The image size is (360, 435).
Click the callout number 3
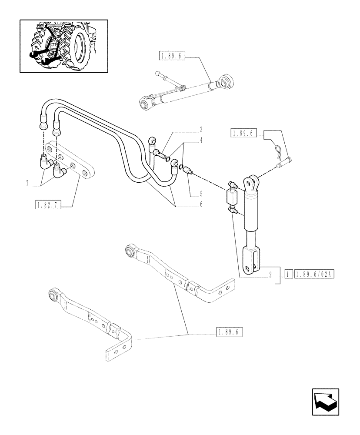pyautogui.click(x=201, y=130)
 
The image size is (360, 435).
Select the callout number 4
pyautogui.click(x=201, y=140)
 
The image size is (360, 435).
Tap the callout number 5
pyautogui.click(x=201, y=194)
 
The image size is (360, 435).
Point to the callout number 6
pyautogui.click(x=201, y=204)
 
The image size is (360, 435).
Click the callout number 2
pyautogui.click(x=270, y=274)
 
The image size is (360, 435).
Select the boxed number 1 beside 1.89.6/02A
pyautogui.click(x=288, y=274)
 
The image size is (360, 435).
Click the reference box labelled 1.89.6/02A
pyautogui.click(x=313, y=274)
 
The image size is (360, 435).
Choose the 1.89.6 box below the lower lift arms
pyautogui.click(x=229, y=333)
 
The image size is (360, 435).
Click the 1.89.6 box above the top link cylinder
pyautogui.click(x=172, y=56)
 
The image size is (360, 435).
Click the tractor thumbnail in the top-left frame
pyautogui.click(x=63, y=46)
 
